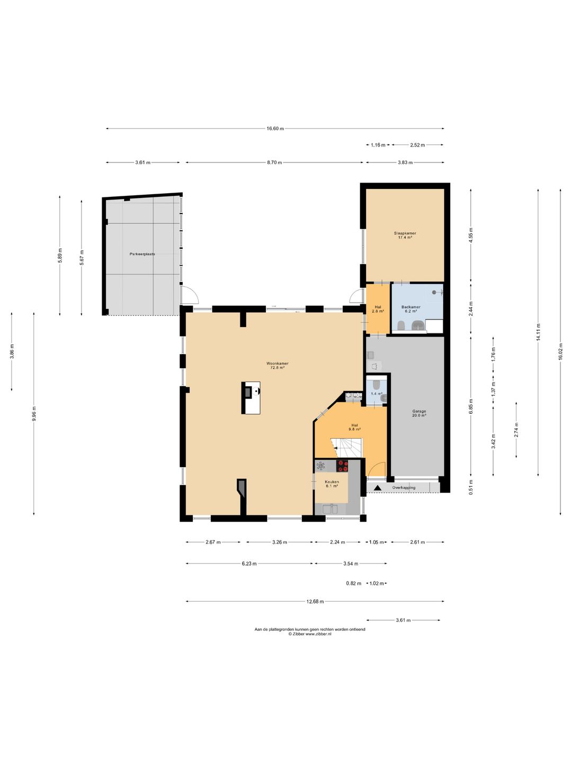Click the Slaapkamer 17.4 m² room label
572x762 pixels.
pos(405,235)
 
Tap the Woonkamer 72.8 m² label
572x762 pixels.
pos(277,365)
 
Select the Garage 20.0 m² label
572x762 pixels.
pos(419,413)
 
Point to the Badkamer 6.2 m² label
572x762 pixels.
pos(410,309)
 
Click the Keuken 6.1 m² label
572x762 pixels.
pos(332,484)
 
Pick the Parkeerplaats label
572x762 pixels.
pos(142,254)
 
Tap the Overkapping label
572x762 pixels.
pos(404,487)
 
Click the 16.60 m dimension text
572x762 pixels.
pos(275,129)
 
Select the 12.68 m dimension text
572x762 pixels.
pos(315,602)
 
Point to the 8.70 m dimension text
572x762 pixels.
pos(274,162)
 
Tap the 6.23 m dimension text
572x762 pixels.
pos(249,564)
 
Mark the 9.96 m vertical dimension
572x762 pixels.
pos(34,413)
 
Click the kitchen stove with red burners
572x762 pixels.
pos(342,466)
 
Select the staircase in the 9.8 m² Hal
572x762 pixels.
pos(346,448)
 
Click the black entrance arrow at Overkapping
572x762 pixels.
pos(378,488)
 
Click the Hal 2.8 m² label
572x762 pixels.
pos(378,309)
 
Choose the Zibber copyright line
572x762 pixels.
pos(309,633)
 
